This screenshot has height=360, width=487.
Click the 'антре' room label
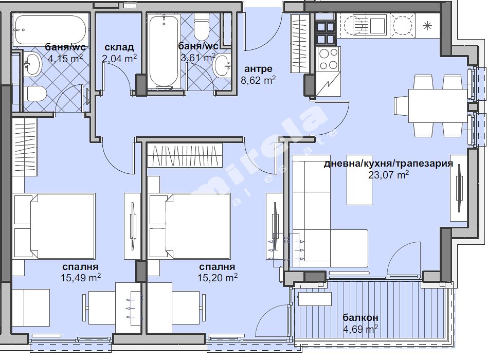pos(258,68)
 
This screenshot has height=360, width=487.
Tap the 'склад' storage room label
pos(119,47)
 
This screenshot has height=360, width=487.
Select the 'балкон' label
pos(360,317)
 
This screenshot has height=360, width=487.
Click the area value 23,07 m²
pos(388,175)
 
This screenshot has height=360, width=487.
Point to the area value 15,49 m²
pos(81,277)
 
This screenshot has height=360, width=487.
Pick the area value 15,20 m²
pos(218,277)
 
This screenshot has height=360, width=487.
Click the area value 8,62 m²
pos(258,80)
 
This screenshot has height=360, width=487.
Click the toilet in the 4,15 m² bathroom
pos(36,94)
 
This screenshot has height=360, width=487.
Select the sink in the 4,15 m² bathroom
pos(32,64)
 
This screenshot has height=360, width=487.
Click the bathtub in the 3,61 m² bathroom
pos(164,52)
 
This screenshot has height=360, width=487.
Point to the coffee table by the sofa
pos(359,180)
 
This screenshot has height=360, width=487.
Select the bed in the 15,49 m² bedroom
pos(54,226)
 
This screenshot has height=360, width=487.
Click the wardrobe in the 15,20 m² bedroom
pos(185,155)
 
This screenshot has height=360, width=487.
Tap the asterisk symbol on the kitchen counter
pos(428,26)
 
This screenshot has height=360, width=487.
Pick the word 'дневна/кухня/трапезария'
pos(388,164)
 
